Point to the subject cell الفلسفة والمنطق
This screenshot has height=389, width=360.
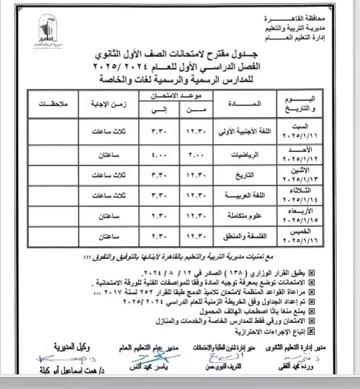[x=236, y=236]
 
